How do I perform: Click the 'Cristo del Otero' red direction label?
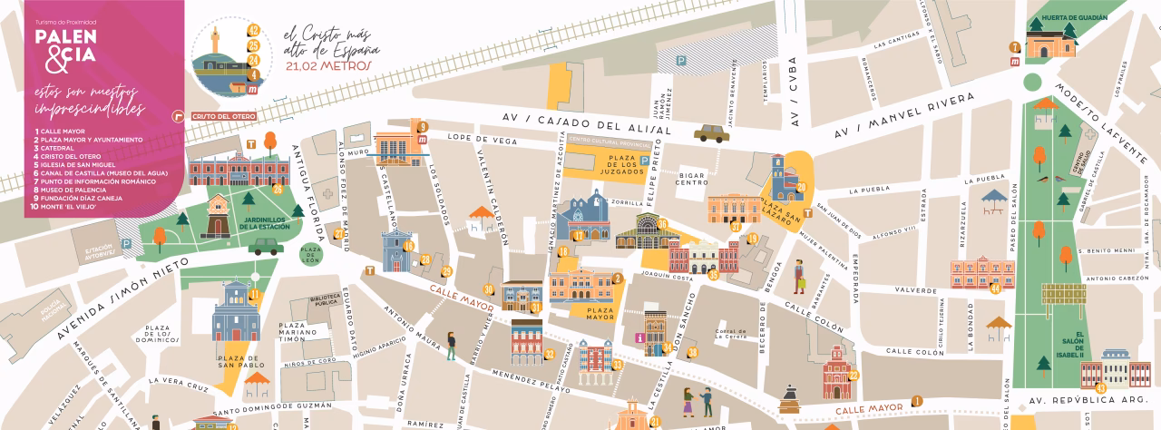(x=218, y=116)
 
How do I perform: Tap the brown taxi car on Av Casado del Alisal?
(x=711, y=134)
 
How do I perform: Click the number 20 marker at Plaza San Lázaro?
(x=801, y=188)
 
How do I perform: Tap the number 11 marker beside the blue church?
(x=255, y=294)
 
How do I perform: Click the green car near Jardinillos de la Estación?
(x=266, y=246)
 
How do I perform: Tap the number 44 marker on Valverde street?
(x=995, y=288)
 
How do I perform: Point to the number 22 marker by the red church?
(x=853, y=375)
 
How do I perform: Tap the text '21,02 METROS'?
(x=328, y=65)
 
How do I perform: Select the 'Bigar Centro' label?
(x=691, y=177)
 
